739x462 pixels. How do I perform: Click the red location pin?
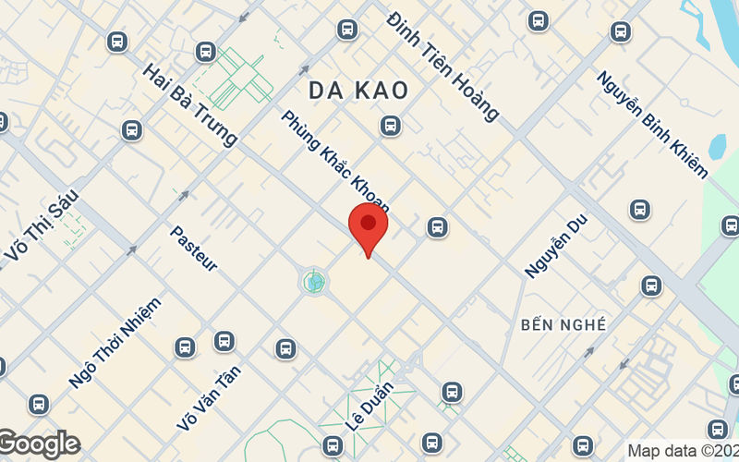click(x=368, y=230)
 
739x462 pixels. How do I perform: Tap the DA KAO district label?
click(x=357, y=90)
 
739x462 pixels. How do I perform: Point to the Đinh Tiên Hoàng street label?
click(x=443, y=66)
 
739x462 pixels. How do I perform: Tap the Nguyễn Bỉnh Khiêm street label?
click(x=652, y=125)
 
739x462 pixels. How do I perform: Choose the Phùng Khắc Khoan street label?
click(x=335, y=162)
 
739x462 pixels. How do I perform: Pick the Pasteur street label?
click(x=193, y=248)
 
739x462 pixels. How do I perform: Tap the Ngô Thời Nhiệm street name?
click(x=115, y=343)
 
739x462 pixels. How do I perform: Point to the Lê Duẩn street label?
click(x=369, y=407)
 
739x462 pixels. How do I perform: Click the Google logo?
click(x=40, y=444)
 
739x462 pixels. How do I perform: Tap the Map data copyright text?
click(x=682, y=451)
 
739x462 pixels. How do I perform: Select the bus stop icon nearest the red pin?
click(x=437, y=226)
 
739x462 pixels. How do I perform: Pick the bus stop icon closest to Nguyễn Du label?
click(x=650, y=286)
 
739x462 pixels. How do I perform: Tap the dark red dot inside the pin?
click(x=368, y=222)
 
